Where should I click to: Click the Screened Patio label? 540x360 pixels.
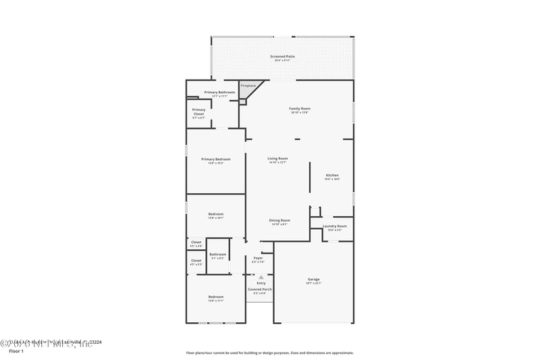pos(282,57)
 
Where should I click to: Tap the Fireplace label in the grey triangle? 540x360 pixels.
pos(248,86)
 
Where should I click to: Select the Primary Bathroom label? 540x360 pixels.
pos(219,93)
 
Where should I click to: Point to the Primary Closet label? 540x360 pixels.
pos(198,110)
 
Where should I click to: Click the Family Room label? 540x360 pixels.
pos(300,109)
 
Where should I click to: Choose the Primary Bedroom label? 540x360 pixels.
pos(216,159)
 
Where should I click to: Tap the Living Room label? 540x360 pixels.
pos(277,159)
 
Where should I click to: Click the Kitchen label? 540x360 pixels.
pos(332,176)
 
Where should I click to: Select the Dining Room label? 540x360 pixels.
pos(279,220)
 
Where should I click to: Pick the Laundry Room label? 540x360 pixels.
pos(335,226)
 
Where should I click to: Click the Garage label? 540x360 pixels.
pos(314,279)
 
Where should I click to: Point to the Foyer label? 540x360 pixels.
pos(258,258)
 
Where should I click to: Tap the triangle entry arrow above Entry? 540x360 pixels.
pos(261,277)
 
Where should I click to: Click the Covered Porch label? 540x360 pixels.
pos(260,289)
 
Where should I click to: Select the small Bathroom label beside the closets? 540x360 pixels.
pos(217,255)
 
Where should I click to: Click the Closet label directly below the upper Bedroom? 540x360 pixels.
pos(196,242)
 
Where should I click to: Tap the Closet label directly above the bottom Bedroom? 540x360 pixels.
pos(196,261)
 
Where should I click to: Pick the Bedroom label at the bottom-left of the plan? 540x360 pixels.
pos(215,297)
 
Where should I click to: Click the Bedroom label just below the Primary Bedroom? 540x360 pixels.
pos(215,214)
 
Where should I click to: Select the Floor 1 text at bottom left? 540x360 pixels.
pos(16,351)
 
